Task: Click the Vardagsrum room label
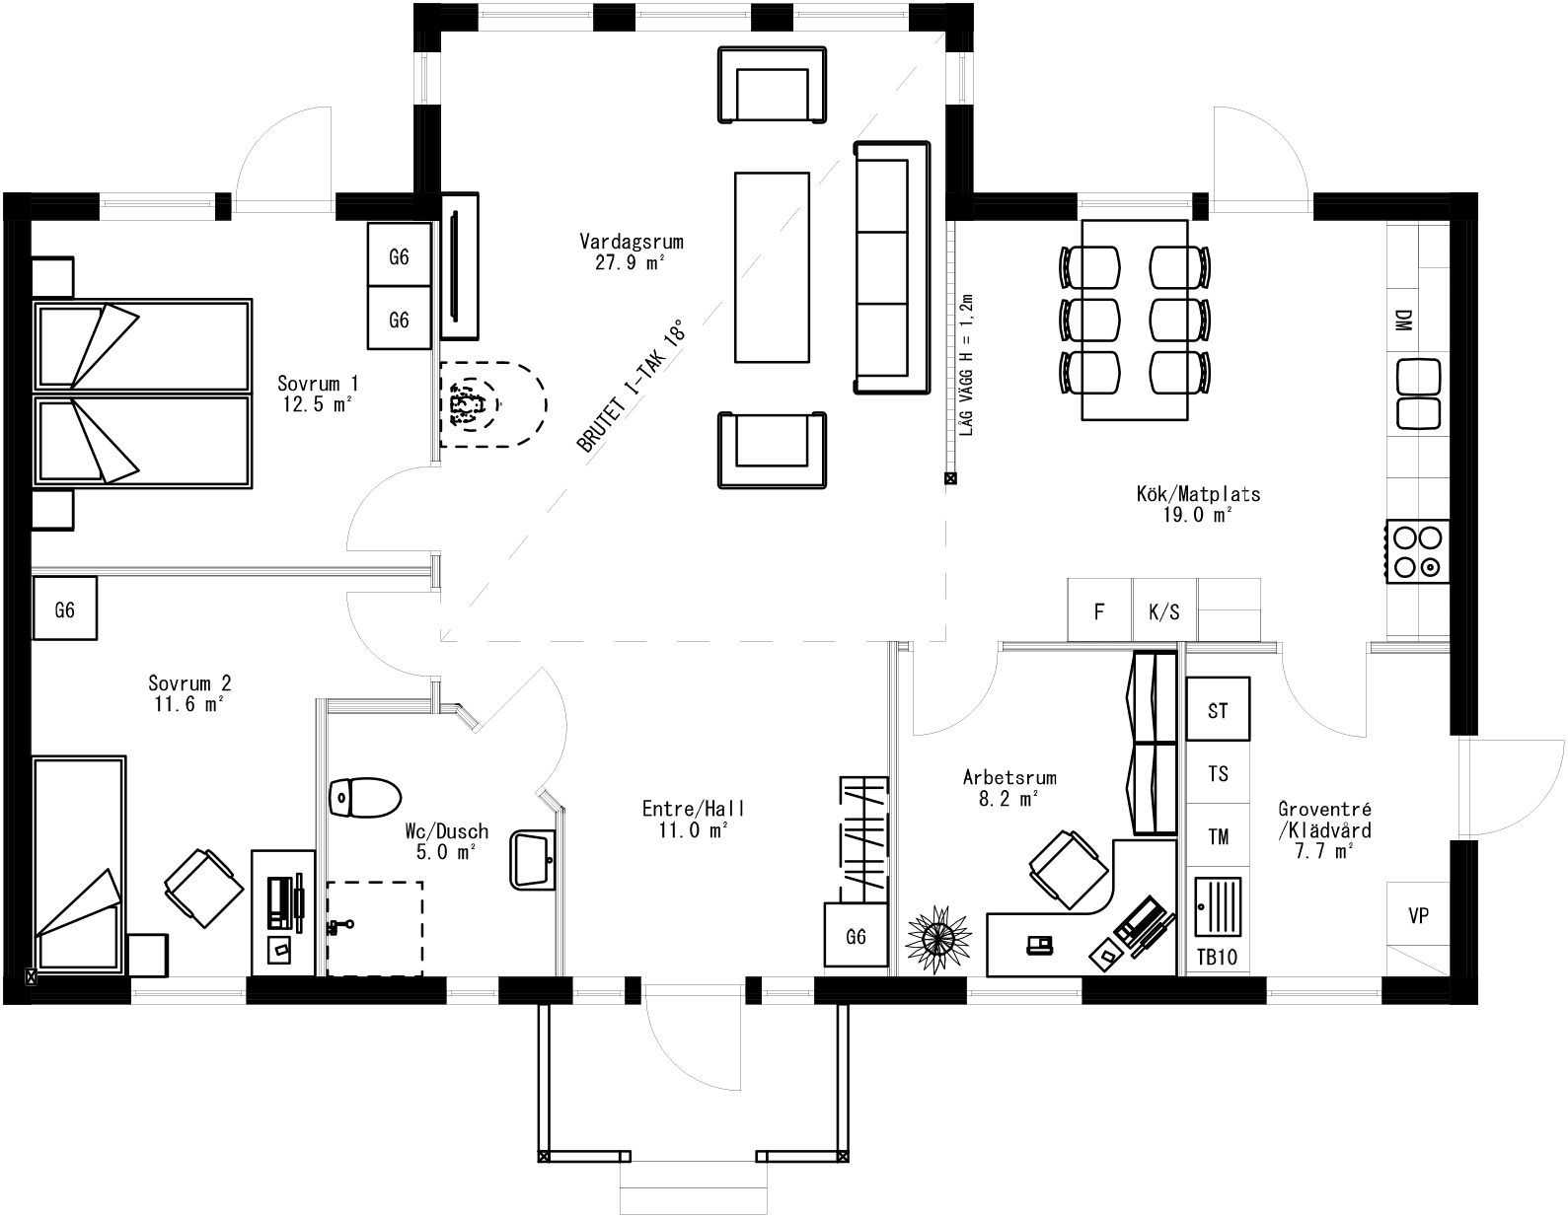632,242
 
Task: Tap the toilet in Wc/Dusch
364,797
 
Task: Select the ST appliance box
1218,709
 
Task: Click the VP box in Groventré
1418,916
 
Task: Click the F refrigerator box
1099,611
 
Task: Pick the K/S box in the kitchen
1163,611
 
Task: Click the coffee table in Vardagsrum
772,266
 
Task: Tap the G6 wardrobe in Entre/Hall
856,936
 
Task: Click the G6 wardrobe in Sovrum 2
64,609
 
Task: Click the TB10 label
1217,957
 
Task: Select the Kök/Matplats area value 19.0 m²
1198,514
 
